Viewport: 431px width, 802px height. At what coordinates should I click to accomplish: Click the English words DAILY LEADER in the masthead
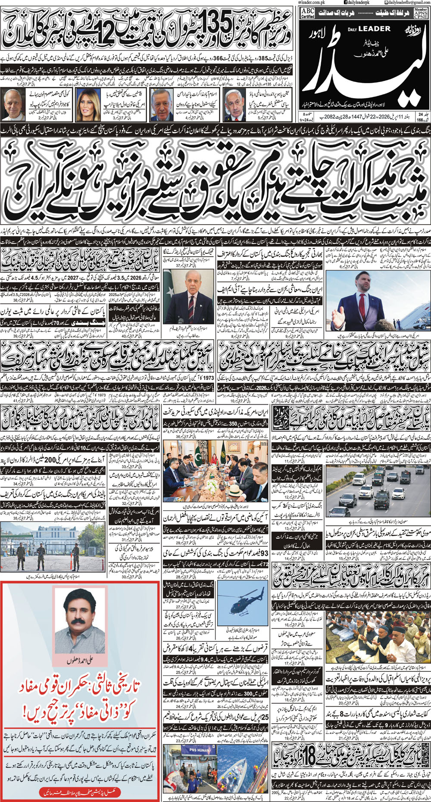click(369, 29)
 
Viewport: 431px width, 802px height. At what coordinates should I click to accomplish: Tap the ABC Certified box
click(308, 13)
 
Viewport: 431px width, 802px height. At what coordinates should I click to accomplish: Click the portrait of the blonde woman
click(88, 104)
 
